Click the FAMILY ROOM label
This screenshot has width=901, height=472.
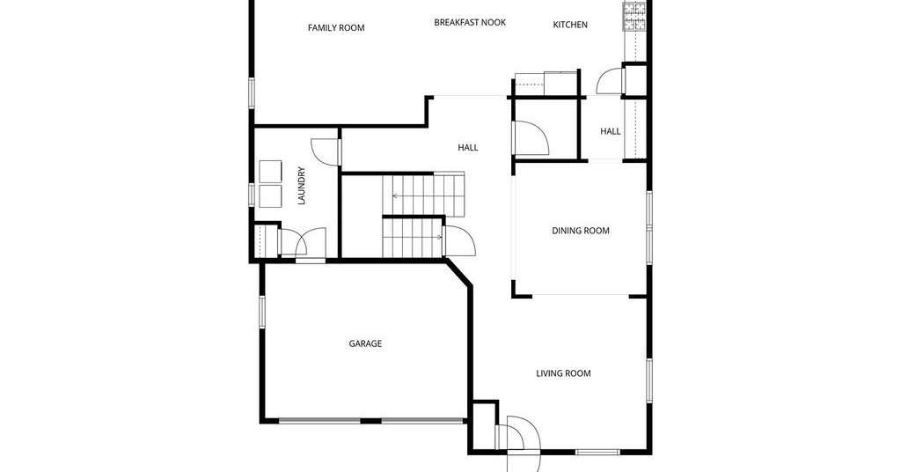point(336,27)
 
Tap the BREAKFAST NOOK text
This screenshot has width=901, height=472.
point(470,22)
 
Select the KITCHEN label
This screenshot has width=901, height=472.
point(570,25)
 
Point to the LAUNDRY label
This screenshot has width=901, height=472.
point(302,187)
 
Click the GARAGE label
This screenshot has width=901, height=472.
point(365,343)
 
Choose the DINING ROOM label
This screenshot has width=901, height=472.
point(581,231)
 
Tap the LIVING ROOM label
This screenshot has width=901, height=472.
point(563,373)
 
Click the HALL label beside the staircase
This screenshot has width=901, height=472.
point(468,148)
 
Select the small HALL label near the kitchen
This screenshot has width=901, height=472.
point(611,131)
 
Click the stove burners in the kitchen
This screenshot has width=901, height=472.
point(634,17)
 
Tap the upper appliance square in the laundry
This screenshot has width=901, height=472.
point(271,172)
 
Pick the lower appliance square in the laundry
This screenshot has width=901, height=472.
point(271,196)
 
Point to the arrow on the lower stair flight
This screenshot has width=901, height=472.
point(414,237)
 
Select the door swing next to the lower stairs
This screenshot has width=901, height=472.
point(460,241)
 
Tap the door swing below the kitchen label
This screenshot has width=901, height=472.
point(610,81)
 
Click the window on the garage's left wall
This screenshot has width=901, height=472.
point(261,311)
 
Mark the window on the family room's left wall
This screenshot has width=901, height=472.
point(252,92)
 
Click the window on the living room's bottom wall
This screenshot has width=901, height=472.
point(597,452)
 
